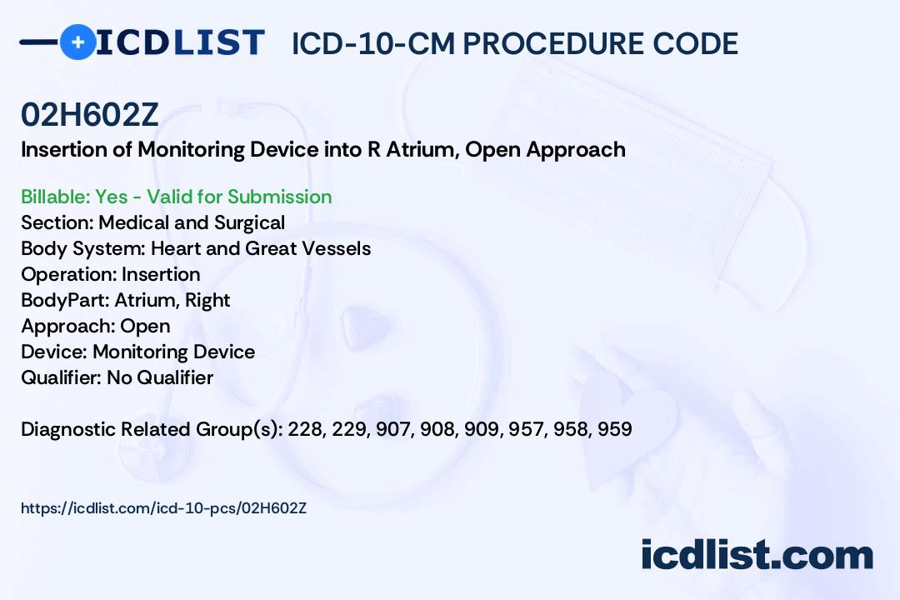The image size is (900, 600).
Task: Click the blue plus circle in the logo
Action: tap(77, 42)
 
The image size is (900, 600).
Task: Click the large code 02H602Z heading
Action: tap(89, 115)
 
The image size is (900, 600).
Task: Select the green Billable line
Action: tap(176, 197)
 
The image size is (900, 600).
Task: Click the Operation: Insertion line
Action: tap(111, 274)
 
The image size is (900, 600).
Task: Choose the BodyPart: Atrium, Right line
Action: tap(126, 300)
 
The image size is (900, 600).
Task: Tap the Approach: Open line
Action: tap(96, 326)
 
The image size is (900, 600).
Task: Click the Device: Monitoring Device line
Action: tap(138, 352)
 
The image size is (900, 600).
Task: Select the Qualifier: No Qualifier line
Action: tap(117, 377)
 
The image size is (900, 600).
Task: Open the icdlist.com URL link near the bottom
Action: tap(163, 508)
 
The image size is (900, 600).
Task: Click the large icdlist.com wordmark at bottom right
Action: tap(757, 555)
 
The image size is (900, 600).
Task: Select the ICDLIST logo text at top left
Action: tap(180, 42)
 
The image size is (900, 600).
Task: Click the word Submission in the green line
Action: tap(279, 197)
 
